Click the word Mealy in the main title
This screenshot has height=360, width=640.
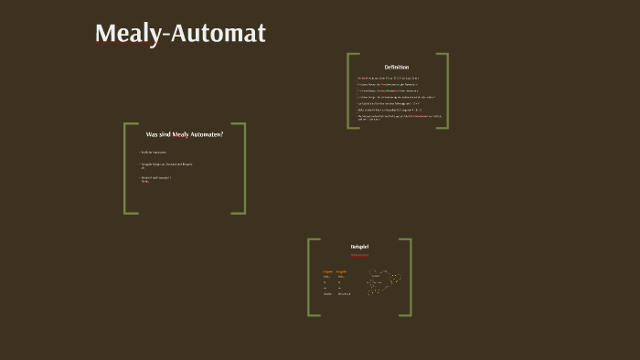[x=127, y=34]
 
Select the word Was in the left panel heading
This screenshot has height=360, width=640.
[x=152, y=134]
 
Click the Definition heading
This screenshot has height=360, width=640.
[x=397, y=67]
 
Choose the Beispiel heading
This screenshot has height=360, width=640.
[x=359, y=247]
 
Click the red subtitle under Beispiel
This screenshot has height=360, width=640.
[x=359, y=255]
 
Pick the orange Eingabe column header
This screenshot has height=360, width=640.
[x=327, y=271]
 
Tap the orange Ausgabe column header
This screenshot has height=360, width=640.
[x=342, y=271]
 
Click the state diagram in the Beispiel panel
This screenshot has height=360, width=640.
[x=383, y=281]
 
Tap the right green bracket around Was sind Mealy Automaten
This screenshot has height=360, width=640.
[x=243, y=168]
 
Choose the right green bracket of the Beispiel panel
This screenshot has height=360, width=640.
[x=409, y=277]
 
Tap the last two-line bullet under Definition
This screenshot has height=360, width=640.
[x=399, y=118]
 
